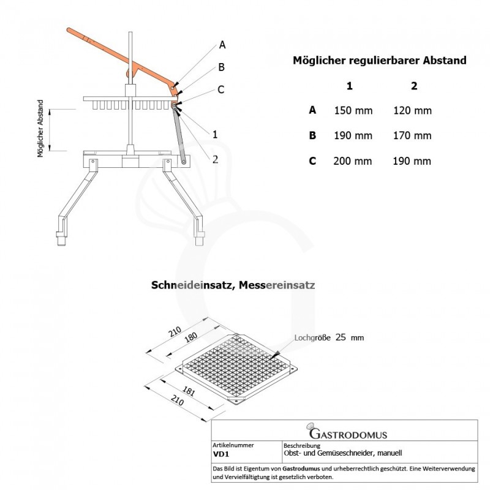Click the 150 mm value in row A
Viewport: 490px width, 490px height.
[x=352, y=111]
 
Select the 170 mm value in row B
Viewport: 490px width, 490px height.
[x=414, y=136]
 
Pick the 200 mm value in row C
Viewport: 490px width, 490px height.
[x=352, y=162]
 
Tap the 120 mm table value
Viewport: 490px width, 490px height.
[x=414, y=111]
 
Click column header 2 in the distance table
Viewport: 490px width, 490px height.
[x=415, y=86]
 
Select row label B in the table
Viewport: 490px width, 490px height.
[x=312, y=136]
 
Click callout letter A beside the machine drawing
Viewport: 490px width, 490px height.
[x=222, y=45]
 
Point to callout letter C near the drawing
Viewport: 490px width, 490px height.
[x=220, y=90]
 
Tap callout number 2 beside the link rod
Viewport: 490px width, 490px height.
[x=215, y=159]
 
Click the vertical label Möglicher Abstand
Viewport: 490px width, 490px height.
[x=40, y=129]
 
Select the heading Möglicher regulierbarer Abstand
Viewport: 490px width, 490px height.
[x=380, y=61]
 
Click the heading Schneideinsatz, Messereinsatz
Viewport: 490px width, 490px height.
[x=233, y=285]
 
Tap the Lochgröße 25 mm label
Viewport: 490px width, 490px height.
[x=328, y=337]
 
